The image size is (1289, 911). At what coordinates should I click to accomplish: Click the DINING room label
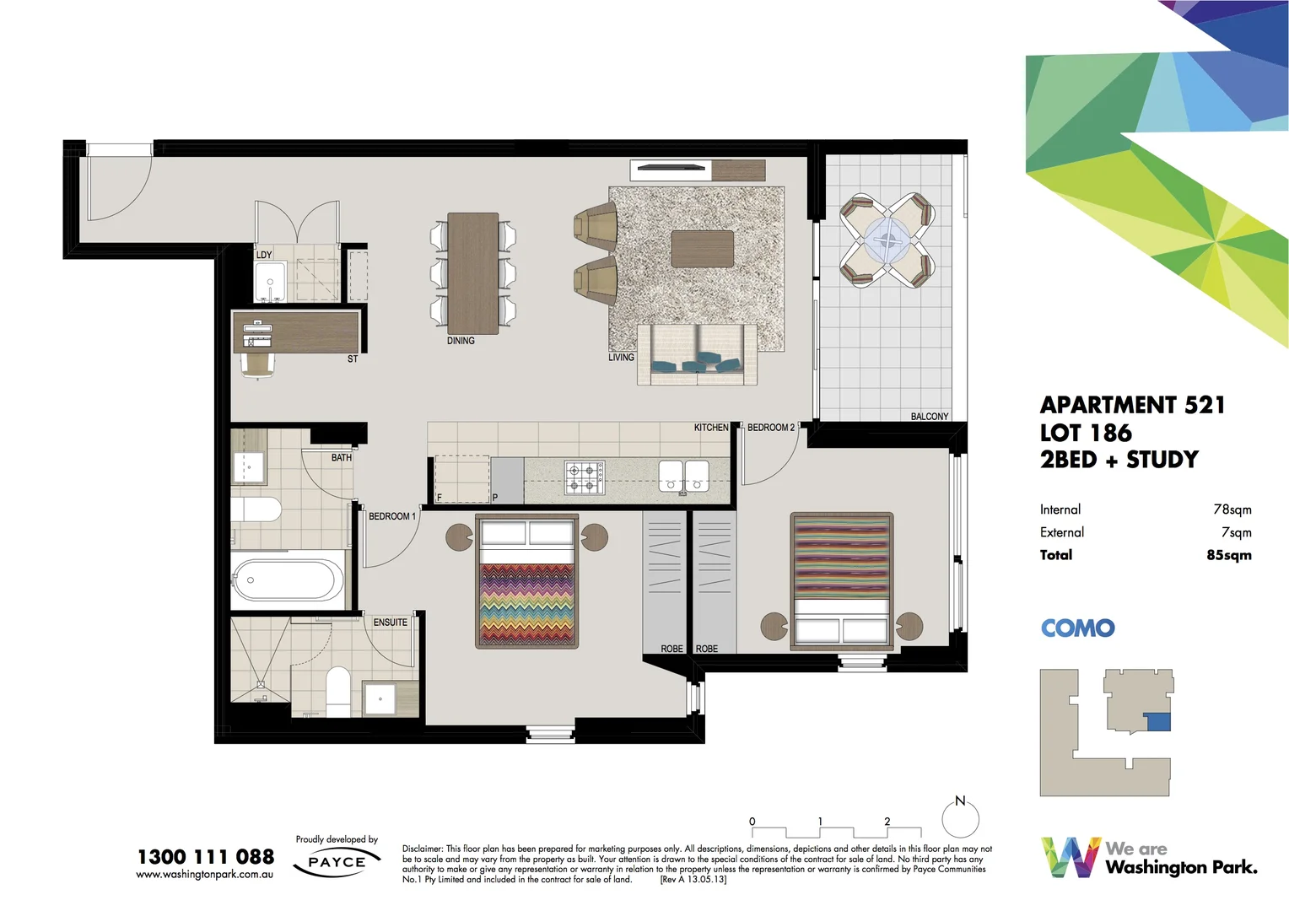coord(461,341)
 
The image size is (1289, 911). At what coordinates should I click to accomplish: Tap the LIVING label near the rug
coord(621,358)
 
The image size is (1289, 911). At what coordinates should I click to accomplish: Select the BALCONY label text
coord(929,417)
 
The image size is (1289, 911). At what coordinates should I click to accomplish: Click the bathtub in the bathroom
coord(287,580)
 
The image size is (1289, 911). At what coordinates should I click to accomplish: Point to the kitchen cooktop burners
coord(585,477)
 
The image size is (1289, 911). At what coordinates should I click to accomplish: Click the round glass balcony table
coord(887,240)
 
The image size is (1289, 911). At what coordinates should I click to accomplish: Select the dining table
coord(472,272)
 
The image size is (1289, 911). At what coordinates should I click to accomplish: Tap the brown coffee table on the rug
coord(702,249)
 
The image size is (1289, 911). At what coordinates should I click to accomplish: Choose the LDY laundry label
coord(264,255)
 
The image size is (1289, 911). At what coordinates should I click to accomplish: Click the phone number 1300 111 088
coord(206,857)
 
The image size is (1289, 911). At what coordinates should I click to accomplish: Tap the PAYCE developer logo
coord(337,863)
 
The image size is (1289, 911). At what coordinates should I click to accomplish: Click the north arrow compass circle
coord(960,819)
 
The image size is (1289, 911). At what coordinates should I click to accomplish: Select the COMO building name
coord(1077,628)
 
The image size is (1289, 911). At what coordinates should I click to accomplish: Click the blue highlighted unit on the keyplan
coord(1160,722)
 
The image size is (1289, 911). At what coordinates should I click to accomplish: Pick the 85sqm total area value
coord(1228,555)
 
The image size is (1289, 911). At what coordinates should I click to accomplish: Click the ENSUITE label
coord(390,623)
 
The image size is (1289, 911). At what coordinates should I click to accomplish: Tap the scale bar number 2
coord(887,822)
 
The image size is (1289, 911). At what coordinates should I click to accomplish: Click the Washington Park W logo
coord(1070,857)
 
